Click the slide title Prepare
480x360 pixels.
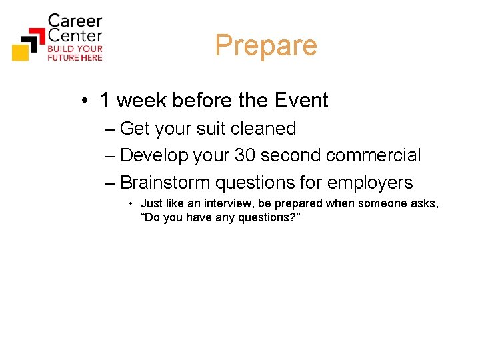[x=266, y=46]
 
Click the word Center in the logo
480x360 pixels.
[x=75, y=36]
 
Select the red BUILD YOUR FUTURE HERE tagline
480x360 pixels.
[x=75, y=53]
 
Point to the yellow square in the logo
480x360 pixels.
[x=21, y=52]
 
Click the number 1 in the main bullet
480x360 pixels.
[x=105, y=101]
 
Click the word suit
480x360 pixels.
[x=214, y=128]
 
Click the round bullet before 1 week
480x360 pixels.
[x=85, y=101]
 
